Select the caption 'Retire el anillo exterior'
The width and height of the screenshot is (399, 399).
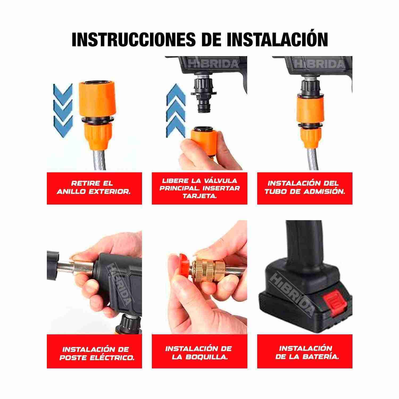point(94,188)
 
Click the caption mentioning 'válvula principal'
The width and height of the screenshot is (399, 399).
point(199,188)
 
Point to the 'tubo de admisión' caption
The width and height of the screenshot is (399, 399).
point(305,188)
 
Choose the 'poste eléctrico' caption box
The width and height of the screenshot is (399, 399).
point(94,353)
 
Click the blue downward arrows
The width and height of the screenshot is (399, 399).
point(63,110)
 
